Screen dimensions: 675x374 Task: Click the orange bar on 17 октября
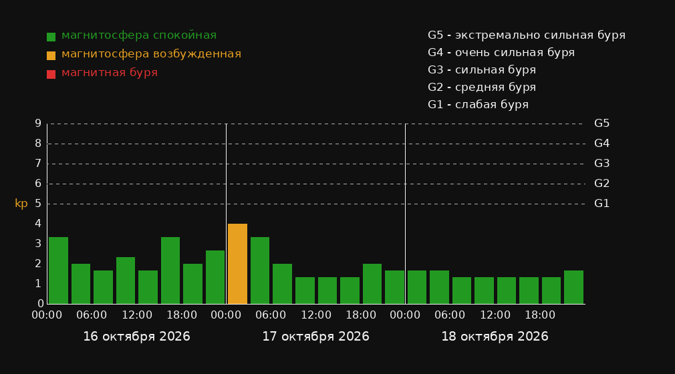click(237, 264)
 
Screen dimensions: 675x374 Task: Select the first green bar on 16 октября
click(59, 270)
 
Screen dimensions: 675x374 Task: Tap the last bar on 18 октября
click(573, 287)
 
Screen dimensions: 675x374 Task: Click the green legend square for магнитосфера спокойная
click(51, 37)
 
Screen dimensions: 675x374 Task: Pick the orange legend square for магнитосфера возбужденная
click(51, 55)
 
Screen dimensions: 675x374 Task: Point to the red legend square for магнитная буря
click(51, 74)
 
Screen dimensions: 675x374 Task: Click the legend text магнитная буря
click(110, 73)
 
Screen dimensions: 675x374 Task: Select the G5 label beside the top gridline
click(601, 124)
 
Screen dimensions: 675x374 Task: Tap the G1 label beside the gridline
click(601, 204)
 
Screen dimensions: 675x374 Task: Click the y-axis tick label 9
click(38, 124)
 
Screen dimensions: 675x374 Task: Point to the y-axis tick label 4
click(38, 224)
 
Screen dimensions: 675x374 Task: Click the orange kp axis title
click(21, 204)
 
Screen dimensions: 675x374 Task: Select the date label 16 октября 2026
click(136, 337)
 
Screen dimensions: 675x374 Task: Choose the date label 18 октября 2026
click(495, 337)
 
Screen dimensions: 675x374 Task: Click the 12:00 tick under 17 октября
click(316, 315)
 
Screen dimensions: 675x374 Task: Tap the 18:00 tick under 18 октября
click(540, 315)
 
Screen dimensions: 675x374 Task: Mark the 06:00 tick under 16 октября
click(92, 315)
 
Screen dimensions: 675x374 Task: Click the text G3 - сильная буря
click(482, 69)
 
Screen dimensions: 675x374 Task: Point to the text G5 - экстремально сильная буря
click(527, 35)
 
